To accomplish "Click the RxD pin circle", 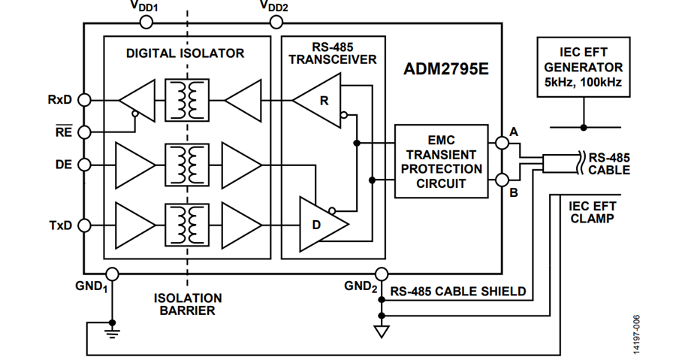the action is (84, 100).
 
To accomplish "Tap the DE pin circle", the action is (84, 165).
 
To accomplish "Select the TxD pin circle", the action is (84, 225).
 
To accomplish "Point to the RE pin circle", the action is (84, 132).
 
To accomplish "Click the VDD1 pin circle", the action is (146, 23).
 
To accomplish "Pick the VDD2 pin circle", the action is (276, 23).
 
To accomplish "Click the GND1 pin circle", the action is (112, 274).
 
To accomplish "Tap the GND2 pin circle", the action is (382, 274).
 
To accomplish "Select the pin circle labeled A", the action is (502, 143).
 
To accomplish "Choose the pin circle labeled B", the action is (502, 180).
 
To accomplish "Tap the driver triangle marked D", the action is (322, 224).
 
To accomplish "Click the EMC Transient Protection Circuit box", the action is (442, 162).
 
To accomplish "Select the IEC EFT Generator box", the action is (584, 67).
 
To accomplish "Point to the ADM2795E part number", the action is (446, 69).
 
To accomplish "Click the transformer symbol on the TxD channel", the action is (187, 225).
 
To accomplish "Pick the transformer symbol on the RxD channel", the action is (187, 100).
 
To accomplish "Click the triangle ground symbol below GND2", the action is (382, 332).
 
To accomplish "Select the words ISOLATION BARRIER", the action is (188, 304).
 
